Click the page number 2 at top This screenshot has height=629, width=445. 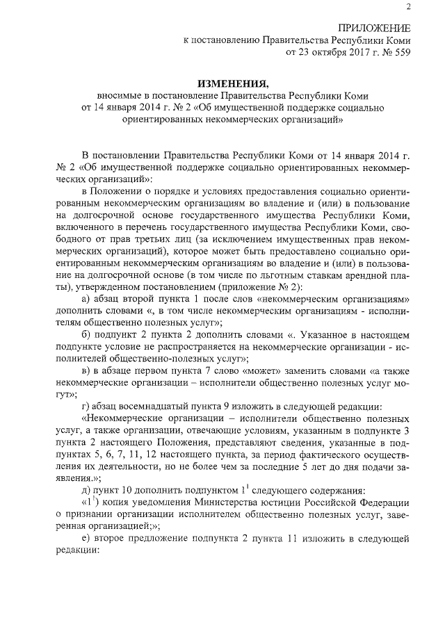[408, 8]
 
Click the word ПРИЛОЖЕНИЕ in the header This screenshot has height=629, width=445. [374, 28]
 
